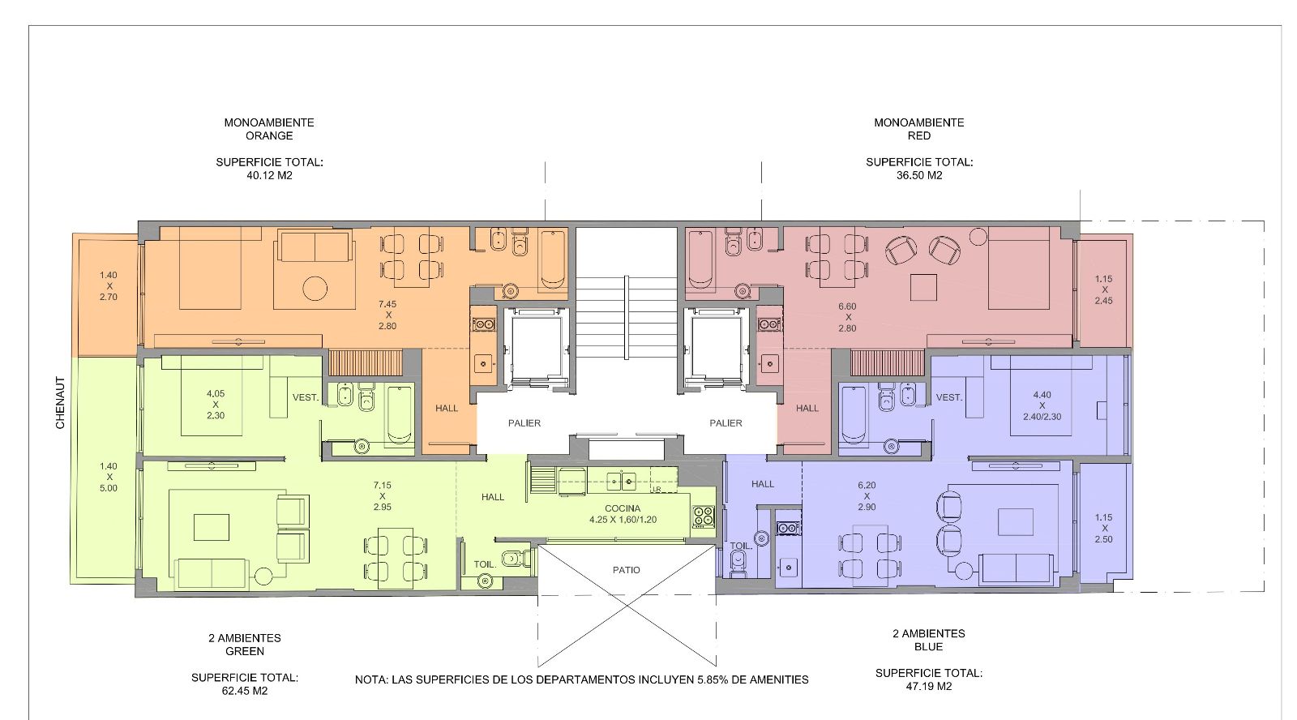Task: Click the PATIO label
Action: tap(627, 570)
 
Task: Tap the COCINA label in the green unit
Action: tap(623, 508)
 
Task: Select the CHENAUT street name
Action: tap(60, 403)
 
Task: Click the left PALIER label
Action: tap(524, 423)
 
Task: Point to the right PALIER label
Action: tap(726, 423)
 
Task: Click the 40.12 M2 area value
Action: tap(269, 175)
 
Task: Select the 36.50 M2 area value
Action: tap(919, 175)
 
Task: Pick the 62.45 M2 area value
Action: tap(244, 691)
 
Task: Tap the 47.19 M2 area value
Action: tap(929, 687)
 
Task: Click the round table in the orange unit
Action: tap(315, 288)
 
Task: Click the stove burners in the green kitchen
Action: tap(704, 516)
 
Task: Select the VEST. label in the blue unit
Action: tap(949, 398)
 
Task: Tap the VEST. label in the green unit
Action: tap(305, 398)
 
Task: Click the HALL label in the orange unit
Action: tap(447, 409)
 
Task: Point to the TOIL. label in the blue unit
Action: tap(741, 546)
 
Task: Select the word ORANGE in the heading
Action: tap(269, 136)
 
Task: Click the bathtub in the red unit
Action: tap(700, 259)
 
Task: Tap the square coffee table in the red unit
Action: tap(923, 287)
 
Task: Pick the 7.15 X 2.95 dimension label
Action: tap(382, 496)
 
